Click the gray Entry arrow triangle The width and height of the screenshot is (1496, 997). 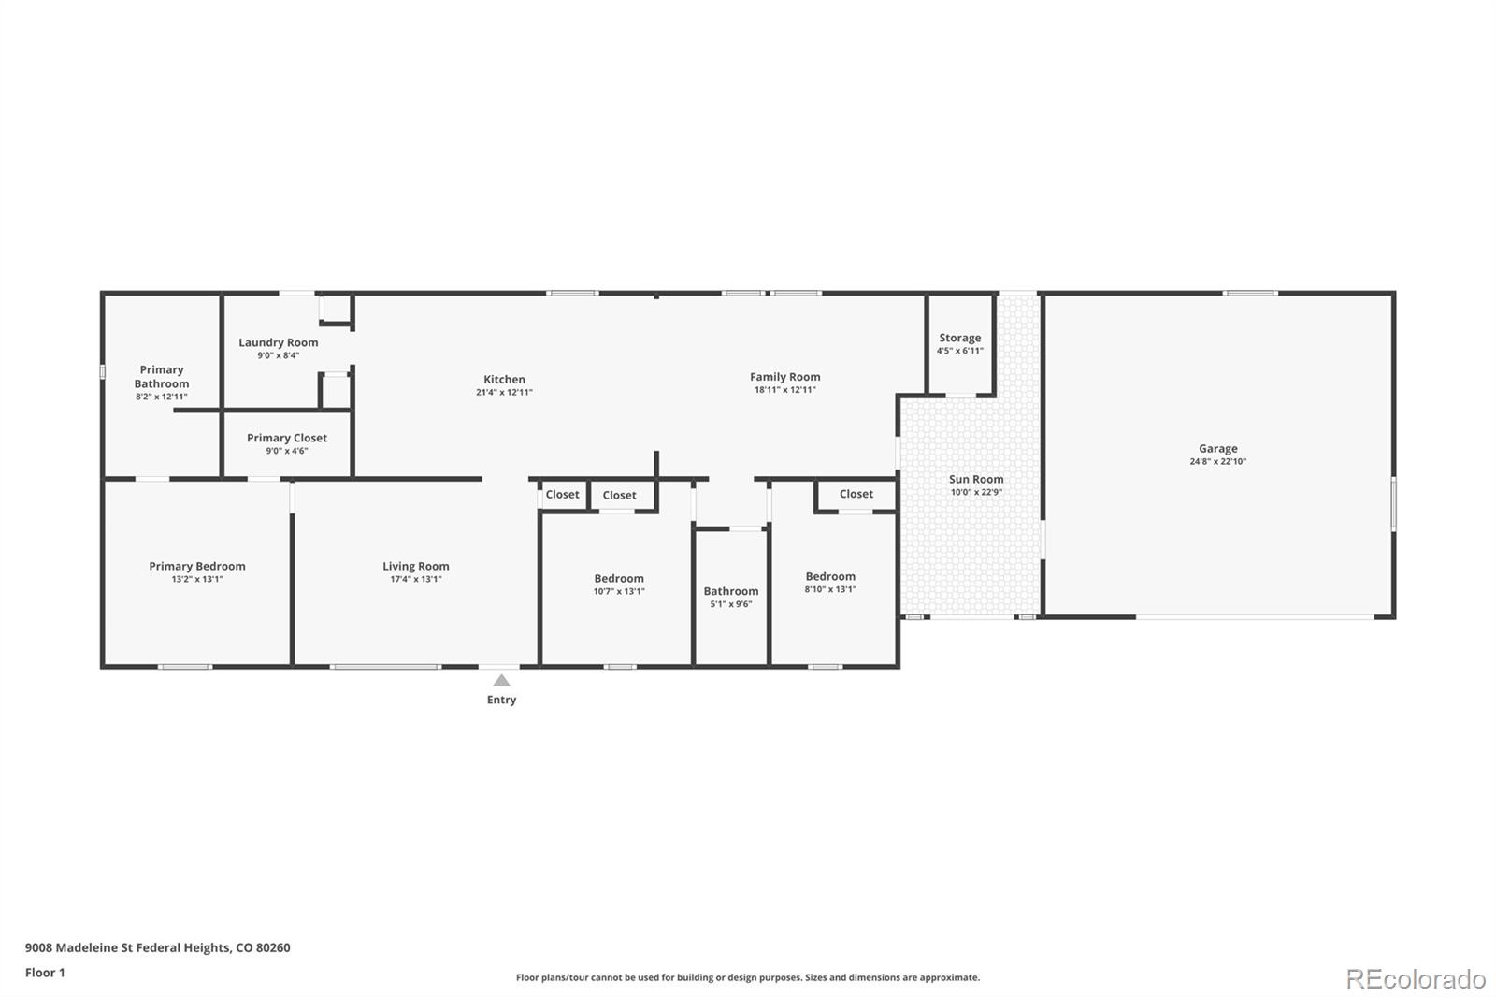501,680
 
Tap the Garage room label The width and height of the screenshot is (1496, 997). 1217,448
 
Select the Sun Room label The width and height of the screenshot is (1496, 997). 976,479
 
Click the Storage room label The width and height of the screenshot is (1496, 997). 959,339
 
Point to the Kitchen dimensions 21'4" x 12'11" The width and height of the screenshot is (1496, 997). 504,392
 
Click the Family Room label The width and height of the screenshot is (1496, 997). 784,377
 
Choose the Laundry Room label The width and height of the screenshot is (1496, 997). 279,342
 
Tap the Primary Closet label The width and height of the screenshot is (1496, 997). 287,438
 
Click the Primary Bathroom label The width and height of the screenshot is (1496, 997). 162,377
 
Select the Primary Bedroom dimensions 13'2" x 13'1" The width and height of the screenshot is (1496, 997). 197,579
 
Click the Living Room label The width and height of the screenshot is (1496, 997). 415,566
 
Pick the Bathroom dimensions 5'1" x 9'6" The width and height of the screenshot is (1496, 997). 730,604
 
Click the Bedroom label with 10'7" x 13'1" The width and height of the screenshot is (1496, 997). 619,579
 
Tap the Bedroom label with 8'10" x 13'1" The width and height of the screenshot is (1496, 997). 830,576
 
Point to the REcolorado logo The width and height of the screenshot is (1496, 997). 1416,979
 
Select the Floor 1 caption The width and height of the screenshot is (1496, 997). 45,973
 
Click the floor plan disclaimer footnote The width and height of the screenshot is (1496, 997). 748,977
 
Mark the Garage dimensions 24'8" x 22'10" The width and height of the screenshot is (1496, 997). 1217,461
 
